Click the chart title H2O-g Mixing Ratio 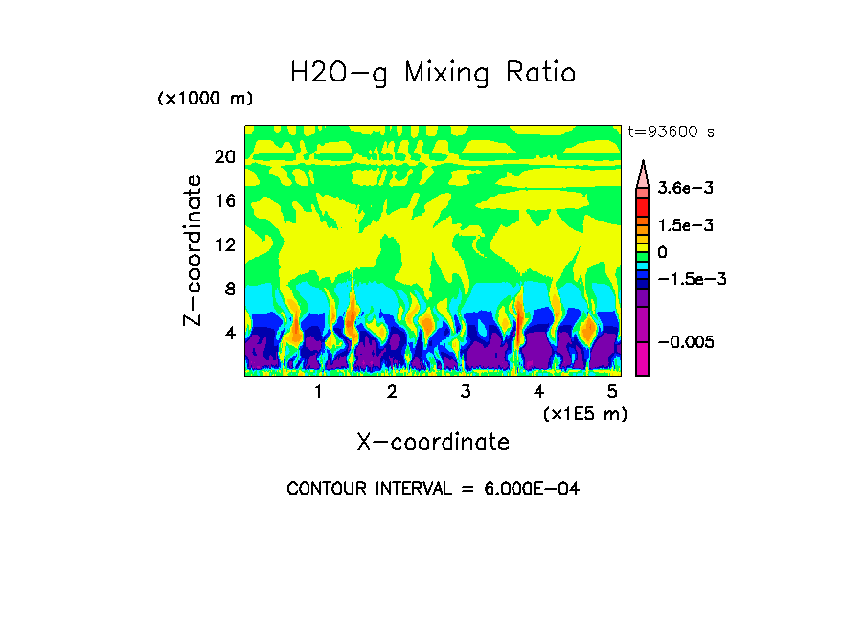point(433,73)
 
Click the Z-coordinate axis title point(194,250)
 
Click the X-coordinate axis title point(433,442)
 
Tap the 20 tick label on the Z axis point(224,157)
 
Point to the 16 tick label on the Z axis point(224,201)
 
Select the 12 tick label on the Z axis point(224,245)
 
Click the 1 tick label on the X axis point(318,391)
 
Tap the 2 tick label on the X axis point(392,391)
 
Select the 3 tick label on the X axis point(466,391)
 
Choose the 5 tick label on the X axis point(612,391)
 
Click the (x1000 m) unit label point(205,100)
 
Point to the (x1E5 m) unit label point(584,413)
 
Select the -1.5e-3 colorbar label point(693,279)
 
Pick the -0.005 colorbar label point(687,342)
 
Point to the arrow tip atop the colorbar point(643,163)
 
